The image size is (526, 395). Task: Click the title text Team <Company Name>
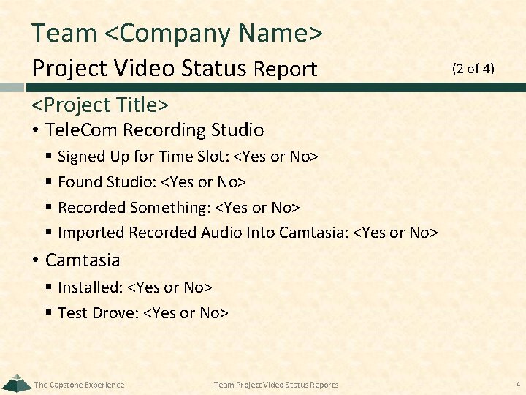[177, 33]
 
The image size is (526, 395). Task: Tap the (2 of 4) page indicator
[473, 69]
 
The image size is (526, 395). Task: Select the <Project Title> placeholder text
[101, 105]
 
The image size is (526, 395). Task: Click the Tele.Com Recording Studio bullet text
[154, 130]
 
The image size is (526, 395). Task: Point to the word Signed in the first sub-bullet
[80, 157]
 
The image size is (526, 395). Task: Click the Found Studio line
[151, 182]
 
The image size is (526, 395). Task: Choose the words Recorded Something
[134, 208]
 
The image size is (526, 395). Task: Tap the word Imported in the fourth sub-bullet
[91, 233]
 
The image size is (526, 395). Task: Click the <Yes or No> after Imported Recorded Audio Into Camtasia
[395, 233]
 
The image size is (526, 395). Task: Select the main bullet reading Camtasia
[83, 260]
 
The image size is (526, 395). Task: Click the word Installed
[89, 287]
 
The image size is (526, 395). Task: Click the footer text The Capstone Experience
[80, 385]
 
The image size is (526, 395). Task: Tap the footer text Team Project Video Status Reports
[276, 385]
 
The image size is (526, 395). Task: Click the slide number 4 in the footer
[516, 384]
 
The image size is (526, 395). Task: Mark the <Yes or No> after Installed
[170, 287]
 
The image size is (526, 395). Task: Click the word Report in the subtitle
[285, 69]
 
